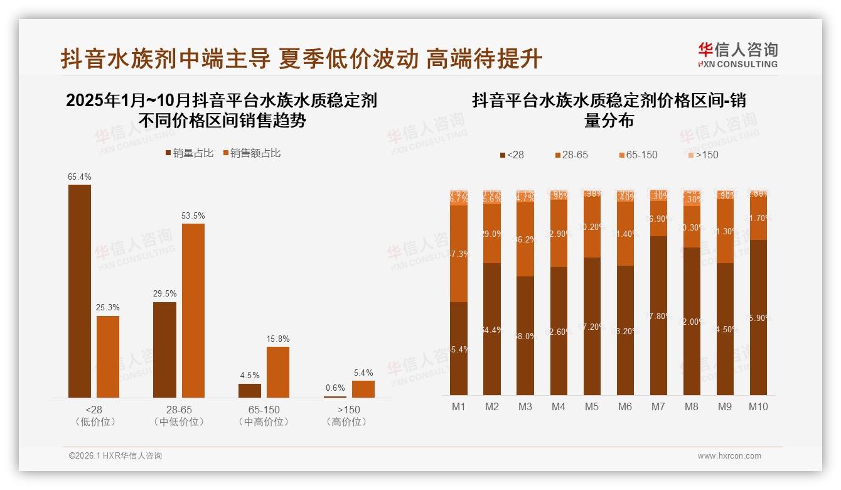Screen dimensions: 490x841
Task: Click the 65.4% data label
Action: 80,177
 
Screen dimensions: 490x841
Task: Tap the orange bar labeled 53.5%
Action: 193,310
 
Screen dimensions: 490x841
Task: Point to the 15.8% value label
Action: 278,339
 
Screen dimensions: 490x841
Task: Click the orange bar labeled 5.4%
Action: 363,389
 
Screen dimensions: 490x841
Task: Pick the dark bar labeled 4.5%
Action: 250,390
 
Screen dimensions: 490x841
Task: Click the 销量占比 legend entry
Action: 190,153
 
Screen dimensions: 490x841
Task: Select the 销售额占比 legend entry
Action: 252,153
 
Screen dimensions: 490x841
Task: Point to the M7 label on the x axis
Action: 658,406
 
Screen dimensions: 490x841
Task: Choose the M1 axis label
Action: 459,406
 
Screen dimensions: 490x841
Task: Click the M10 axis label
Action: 758,406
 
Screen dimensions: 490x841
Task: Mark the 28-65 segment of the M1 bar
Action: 459,254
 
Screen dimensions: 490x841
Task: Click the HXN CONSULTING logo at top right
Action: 737,55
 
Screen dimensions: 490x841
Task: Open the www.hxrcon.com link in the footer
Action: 729,456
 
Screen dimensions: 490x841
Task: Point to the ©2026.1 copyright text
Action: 115,456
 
